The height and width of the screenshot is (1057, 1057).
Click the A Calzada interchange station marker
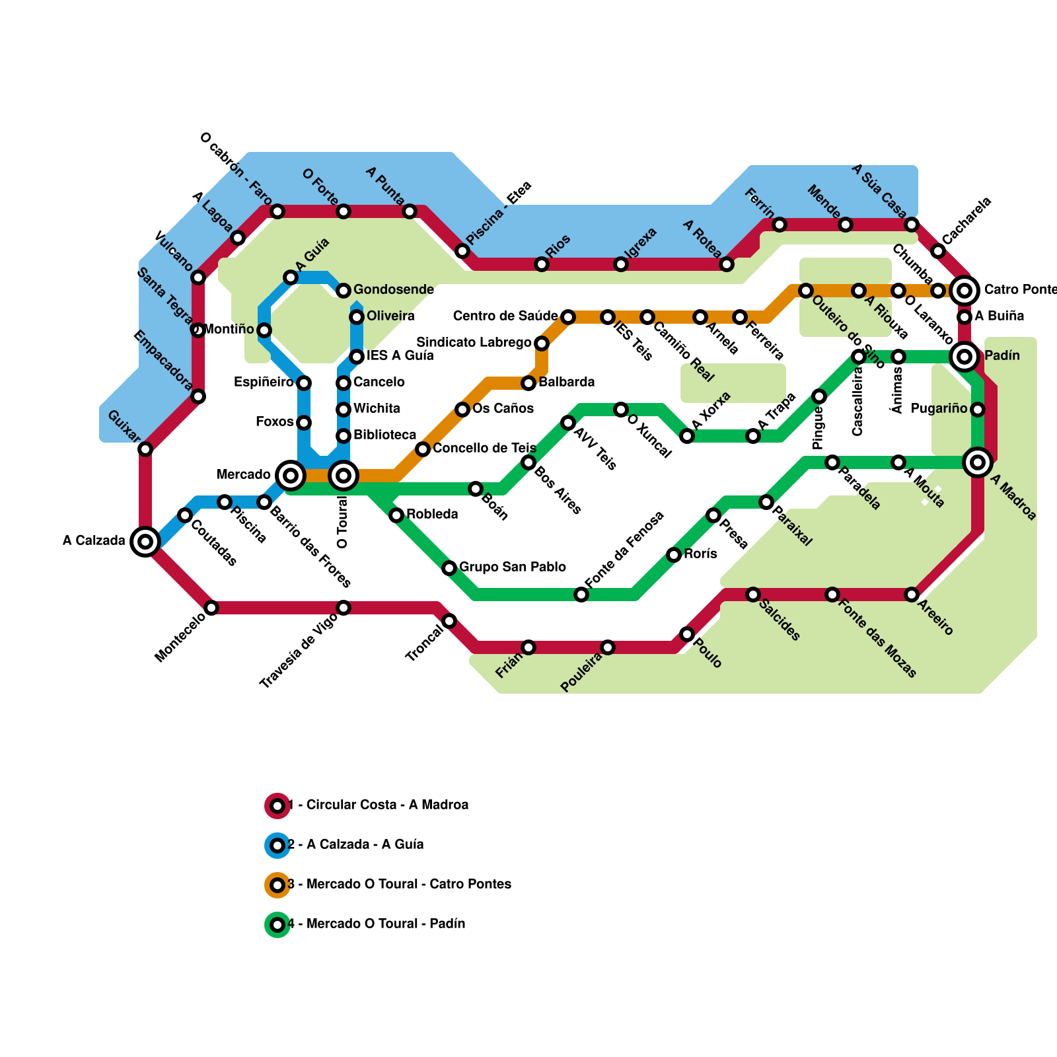tap(145, 542)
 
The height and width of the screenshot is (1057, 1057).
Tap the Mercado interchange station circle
tap(291, 475)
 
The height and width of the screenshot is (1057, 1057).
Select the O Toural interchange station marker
tap(344, 475)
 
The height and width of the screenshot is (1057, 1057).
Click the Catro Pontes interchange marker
tap(965, 290)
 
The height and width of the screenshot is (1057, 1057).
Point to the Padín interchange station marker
tap(965, 357)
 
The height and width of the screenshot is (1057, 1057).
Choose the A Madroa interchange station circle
tap(978, 462)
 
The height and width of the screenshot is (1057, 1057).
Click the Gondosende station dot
tap(344, 291)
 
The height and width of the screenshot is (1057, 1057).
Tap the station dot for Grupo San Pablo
tap(449, 568)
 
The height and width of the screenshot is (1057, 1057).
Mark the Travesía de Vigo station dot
tap(344, 608)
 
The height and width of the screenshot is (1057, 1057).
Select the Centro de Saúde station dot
tap(568, 317)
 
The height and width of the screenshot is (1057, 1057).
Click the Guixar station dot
tap(145, 449)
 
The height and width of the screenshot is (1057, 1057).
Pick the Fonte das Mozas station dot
tap(832, 595)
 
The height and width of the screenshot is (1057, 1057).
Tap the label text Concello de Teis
tap(484, 449)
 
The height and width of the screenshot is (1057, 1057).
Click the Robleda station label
tap(432, 515)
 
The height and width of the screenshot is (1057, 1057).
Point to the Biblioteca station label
tap(384, 435)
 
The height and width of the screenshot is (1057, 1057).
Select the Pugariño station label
tap(939, 409)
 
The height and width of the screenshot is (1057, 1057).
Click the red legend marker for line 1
tap(277, 806)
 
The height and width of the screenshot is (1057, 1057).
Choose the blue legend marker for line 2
tap(277, 846)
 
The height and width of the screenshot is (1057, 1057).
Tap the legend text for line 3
tap(400, 885)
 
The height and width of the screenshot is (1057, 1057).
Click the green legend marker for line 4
tap(277, 925)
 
